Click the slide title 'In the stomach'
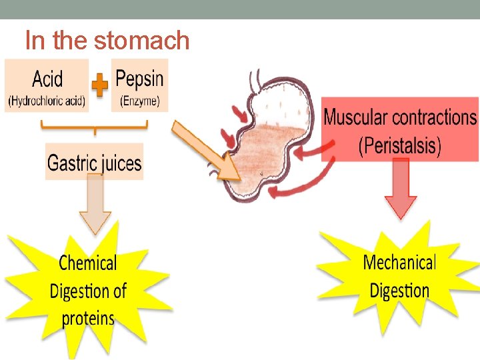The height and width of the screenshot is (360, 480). (x=107, y=41)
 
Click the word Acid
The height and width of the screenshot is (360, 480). (x=47, y=80)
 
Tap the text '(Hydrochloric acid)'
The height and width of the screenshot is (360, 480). (x=47, y=101)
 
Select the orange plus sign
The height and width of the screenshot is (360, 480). (x=100, y=85)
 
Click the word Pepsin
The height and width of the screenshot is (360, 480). (x=139, y=79)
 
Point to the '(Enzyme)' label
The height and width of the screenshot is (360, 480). (x=139, y=101)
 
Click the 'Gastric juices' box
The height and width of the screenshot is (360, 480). (x=94, y=162)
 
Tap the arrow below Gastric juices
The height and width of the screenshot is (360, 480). (x=95, y=206)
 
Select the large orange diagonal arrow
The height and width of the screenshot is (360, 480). (x=207, y=151)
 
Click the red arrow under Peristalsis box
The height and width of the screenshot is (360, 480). (x=401, y=189)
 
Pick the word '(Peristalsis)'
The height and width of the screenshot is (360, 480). (x=400, y=145)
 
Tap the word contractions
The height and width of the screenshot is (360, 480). (x=434, y=118)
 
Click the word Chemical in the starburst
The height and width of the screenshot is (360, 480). (x=88, y=263)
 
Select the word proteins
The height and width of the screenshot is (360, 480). (x=88, y=319)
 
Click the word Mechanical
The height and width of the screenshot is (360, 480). (x=399, y=263)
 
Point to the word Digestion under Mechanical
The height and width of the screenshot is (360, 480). (x=399, y=291)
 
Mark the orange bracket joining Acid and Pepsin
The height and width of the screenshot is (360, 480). (x=95, y=126)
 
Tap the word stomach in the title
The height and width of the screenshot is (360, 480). (x=141, y=41)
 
